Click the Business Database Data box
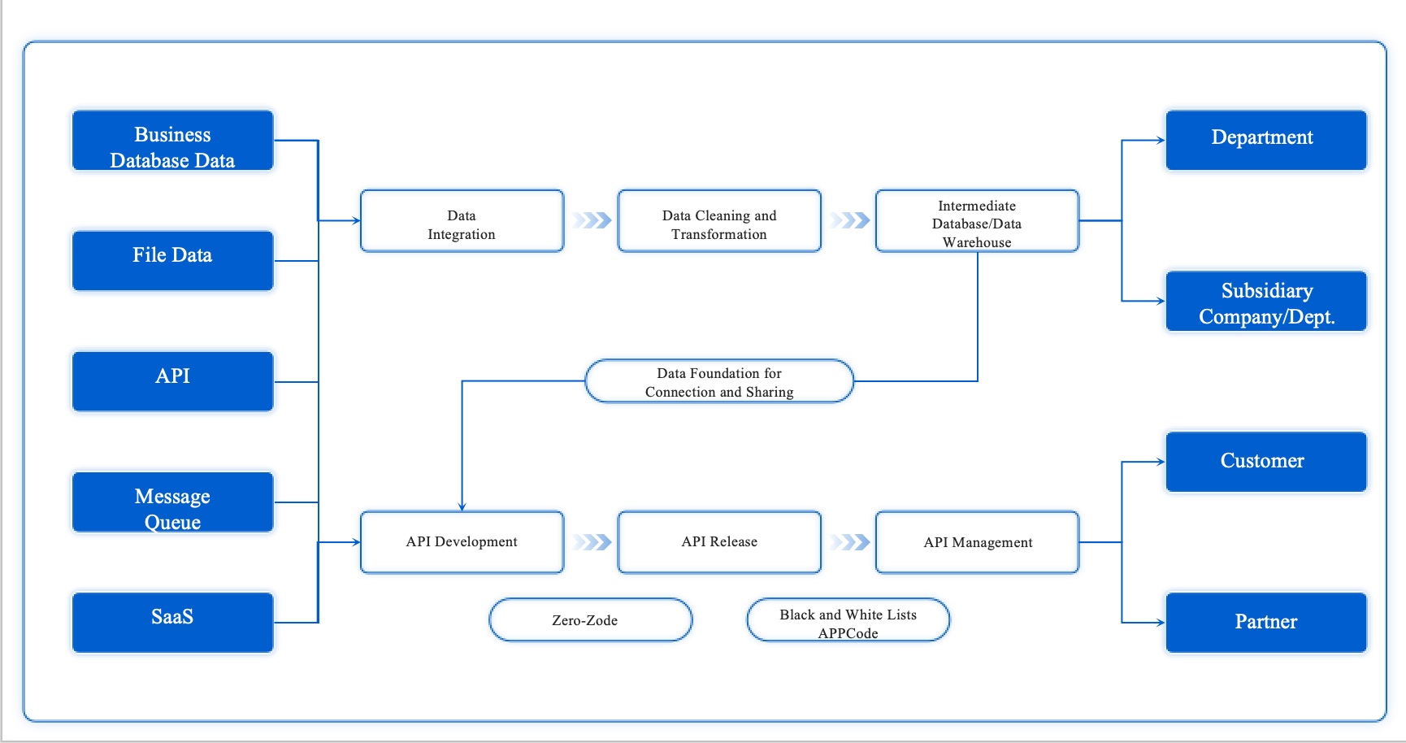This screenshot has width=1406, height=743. pos(172,141)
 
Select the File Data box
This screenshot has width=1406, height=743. pos(172,260)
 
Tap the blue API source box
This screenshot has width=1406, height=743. pos(172,380)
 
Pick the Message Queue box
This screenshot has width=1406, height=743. pos(172,502)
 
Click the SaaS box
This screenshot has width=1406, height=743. pos(172,622)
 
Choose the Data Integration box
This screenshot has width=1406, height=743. pos(462,221)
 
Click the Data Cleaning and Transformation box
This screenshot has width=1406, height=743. pos(719,221)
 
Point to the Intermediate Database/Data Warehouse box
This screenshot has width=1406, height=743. pos(977,221)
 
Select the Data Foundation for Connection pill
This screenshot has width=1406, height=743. pos(719,380)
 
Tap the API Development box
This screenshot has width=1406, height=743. pos(462,542)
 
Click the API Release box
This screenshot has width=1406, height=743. pos(719,542)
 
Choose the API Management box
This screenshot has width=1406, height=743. pos(977,542)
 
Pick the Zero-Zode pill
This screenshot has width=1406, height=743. pos(590,619)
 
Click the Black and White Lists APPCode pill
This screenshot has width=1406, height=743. pos(848,619)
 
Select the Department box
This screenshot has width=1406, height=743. pos(1265,140)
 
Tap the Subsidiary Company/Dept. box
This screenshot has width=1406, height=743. pos(1265,301)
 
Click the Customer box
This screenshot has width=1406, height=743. pos(1265,462)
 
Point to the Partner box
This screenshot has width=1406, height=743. pos(1265,622)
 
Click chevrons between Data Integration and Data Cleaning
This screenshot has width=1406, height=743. pos(592,220)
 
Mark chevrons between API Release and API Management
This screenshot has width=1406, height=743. pos(850,542)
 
